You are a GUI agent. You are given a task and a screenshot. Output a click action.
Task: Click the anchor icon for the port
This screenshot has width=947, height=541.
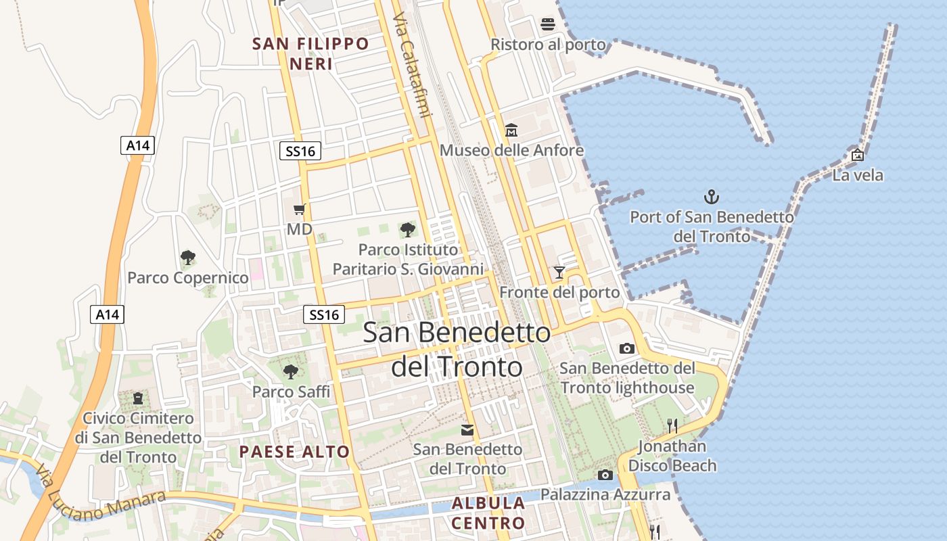[x=711, y=197]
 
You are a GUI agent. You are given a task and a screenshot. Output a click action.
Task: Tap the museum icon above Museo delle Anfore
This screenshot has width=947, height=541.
[x=511, y=130]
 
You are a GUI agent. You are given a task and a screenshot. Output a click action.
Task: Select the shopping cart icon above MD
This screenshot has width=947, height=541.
[x=300, y=210]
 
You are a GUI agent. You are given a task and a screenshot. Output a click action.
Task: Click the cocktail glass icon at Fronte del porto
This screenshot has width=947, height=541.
[x=559, y=273]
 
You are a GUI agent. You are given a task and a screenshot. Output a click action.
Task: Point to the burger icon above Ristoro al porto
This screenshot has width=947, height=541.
[x=548, y=25]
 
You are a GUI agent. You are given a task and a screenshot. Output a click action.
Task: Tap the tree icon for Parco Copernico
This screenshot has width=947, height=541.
[x=188, y=258]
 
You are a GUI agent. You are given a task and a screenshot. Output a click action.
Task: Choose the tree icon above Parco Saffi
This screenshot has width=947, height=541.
[x=291, y=371]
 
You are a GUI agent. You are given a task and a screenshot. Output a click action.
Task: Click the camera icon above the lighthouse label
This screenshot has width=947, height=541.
[x=627, y=349]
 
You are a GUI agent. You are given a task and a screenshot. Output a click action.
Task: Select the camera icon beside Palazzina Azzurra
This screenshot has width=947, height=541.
[x=605, y=475]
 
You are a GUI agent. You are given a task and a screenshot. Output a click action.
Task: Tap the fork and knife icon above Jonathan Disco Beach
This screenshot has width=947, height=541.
[x=672, y=425]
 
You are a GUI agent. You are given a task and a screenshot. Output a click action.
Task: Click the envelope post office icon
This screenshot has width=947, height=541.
[x=467, y=430]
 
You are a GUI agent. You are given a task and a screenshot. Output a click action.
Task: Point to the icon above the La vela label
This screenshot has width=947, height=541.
[x=858, y=155]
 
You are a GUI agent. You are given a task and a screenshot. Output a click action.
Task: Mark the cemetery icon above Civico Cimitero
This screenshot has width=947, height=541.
[x=138, y=398]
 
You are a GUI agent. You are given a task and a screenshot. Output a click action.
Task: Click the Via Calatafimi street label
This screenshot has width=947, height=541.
[x=412, y=65]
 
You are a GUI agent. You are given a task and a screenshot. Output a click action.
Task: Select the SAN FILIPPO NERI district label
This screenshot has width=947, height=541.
[x=311, y=54]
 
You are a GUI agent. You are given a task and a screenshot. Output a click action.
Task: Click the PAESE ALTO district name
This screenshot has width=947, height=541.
[x=294, y=452]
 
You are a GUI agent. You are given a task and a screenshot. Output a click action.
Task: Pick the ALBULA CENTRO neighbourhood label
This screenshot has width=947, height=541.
[x=488, y=513]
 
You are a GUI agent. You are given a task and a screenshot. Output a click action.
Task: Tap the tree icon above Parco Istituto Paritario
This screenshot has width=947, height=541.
[x=408, y=230]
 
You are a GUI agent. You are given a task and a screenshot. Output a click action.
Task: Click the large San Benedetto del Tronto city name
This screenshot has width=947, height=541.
[x=457, y=349]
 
